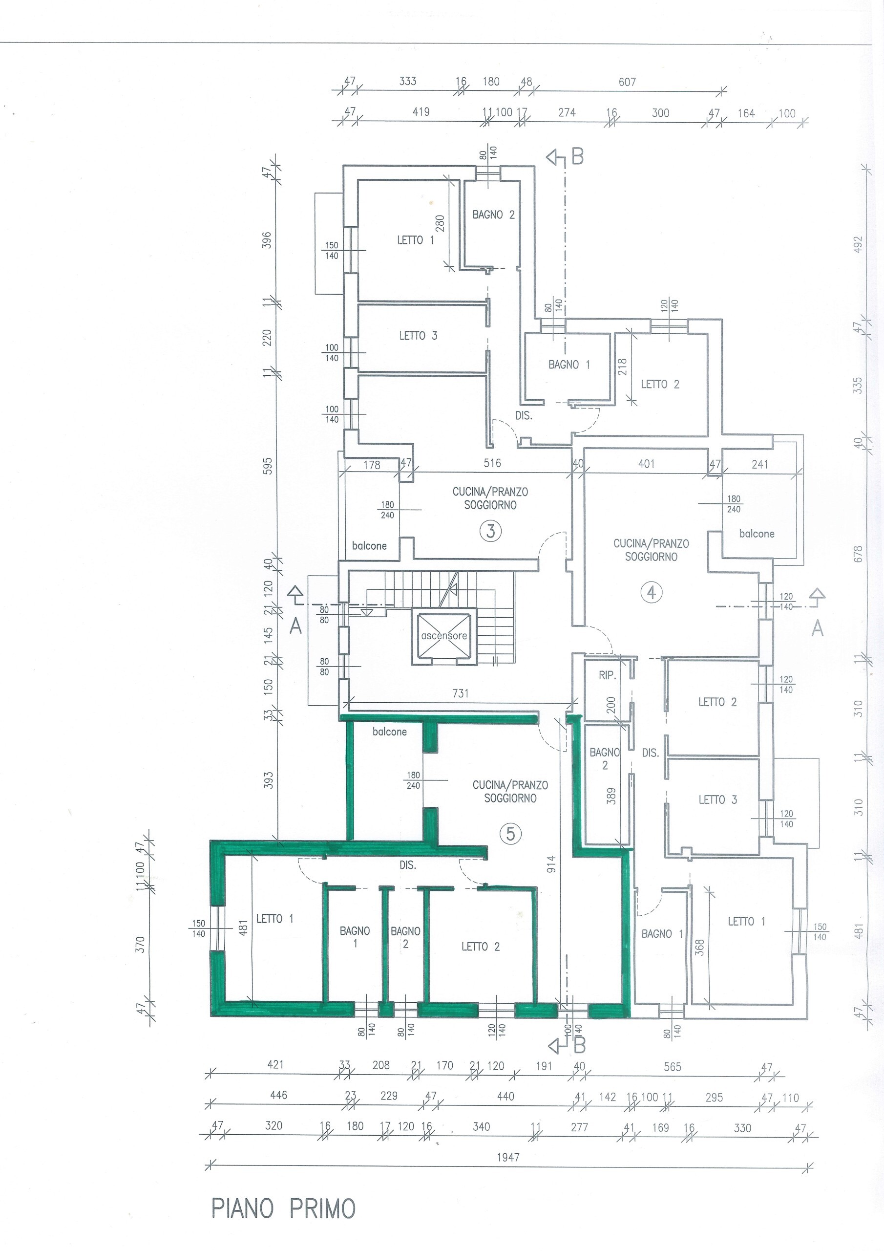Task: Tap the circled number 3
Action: point(491,531)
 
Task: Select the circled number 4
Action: point(652,592)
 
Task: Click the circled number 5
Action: point(510,834)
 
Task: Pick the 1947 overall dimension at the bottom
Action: point(508,1157)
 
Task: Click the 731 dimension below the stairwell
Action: point(460,693)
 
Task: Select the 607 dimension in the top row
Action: point(627,82)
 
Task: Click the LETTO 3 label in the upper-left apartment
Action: point(418,336)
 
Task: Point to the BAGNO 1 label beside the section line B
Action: point(569,365)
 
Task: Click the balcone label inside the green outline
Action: point(389,731)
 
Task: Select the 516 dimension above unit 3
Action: point(492,463)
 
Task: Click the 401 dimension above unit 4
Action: point(647,464)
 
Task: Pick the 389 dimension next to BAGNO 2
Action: point(611,796)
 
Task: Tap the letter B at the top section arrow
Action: point(577,157)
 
